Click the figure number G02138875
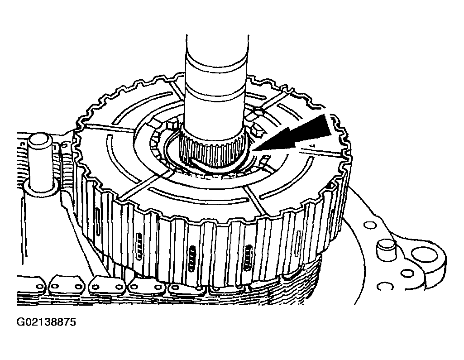(46, 322)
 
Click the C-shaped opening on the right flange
(385, 286)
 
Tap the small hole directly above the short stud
(369, 226)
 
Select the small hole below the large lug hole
(407, 273)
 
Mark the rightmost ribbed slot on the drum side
(247, 258)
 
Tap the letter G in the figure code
(20, 322)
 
